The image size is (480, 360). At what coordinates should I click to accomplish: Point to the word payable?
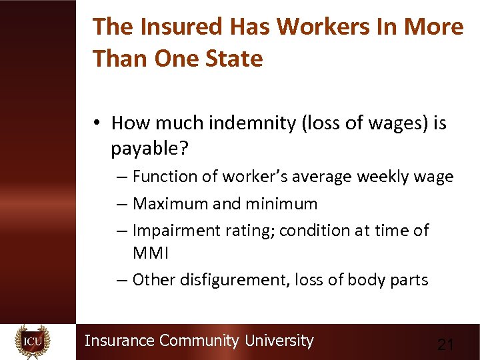150,149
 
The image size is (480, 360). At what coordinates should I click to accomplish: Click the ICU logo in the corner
33,341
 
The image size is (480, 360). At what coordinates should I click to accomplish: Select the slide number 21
445,345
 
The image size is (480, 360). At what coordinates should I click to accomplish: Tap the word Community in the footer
199,341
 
